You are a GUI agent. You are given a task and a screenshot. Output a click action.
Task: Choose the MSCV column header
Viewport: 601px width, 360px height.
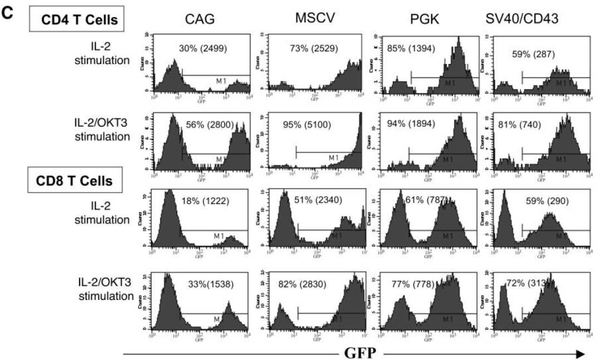[x=315, y=18]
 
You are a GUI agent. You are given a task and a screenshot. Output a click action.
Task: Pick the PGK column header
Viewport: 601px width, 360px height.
[x=425, y=19]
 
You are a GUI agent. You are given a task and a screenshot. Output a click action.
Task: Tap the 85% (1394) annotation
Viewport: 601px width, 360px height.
[x=412, y=48]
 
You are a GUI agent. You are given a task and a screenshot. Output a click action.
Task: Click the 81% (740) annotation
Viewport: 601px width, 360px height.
[x=519, y=125]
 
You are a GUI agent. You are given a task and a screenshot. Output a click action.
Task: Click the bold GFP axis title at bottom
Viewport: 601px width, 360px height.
[x=360, y=352]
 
